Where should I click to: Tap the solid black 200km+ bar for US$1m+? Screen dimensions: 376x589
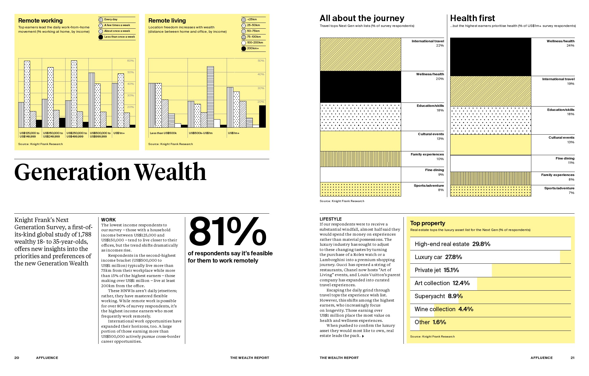coord(262,116)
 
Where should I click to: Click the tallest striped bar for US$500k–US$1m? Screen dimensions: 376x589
coord(210,97)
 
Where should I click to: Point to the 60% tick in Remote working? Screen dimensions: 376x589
coord(130,61)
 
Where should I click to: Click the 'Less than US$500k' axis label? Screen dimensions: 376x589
coord(163,133)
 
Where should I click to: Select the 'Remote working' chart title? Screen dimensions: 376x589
coord(40,21)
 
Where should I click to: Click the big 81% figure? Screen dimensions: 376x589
coord(227,232)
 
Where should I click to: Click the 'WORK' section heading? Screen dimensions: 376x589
coord(108,220)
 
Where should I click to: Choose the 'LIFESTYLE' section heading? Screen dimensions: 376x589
coord(330,219)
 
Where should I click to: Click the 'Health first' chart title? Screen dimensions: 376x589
coord(472,18)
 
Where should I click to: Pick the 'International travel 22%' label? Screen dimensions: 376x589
coord(428,43)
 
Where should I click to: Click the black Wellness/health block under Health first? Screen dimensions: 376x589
coord(490,57)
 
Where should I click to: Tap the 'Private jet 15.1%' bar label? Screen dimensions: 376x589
coord(437,270)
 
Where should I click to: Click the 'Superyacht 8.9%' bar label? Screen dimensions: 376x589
coord(438,296)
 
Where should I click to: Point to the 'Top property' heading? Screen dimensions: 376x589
coord(428,223)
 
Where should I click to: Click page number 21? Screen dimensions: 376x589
coord(572,358)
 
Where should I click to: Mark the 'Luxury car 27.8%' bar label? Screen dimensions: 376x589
coord(438,257)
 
